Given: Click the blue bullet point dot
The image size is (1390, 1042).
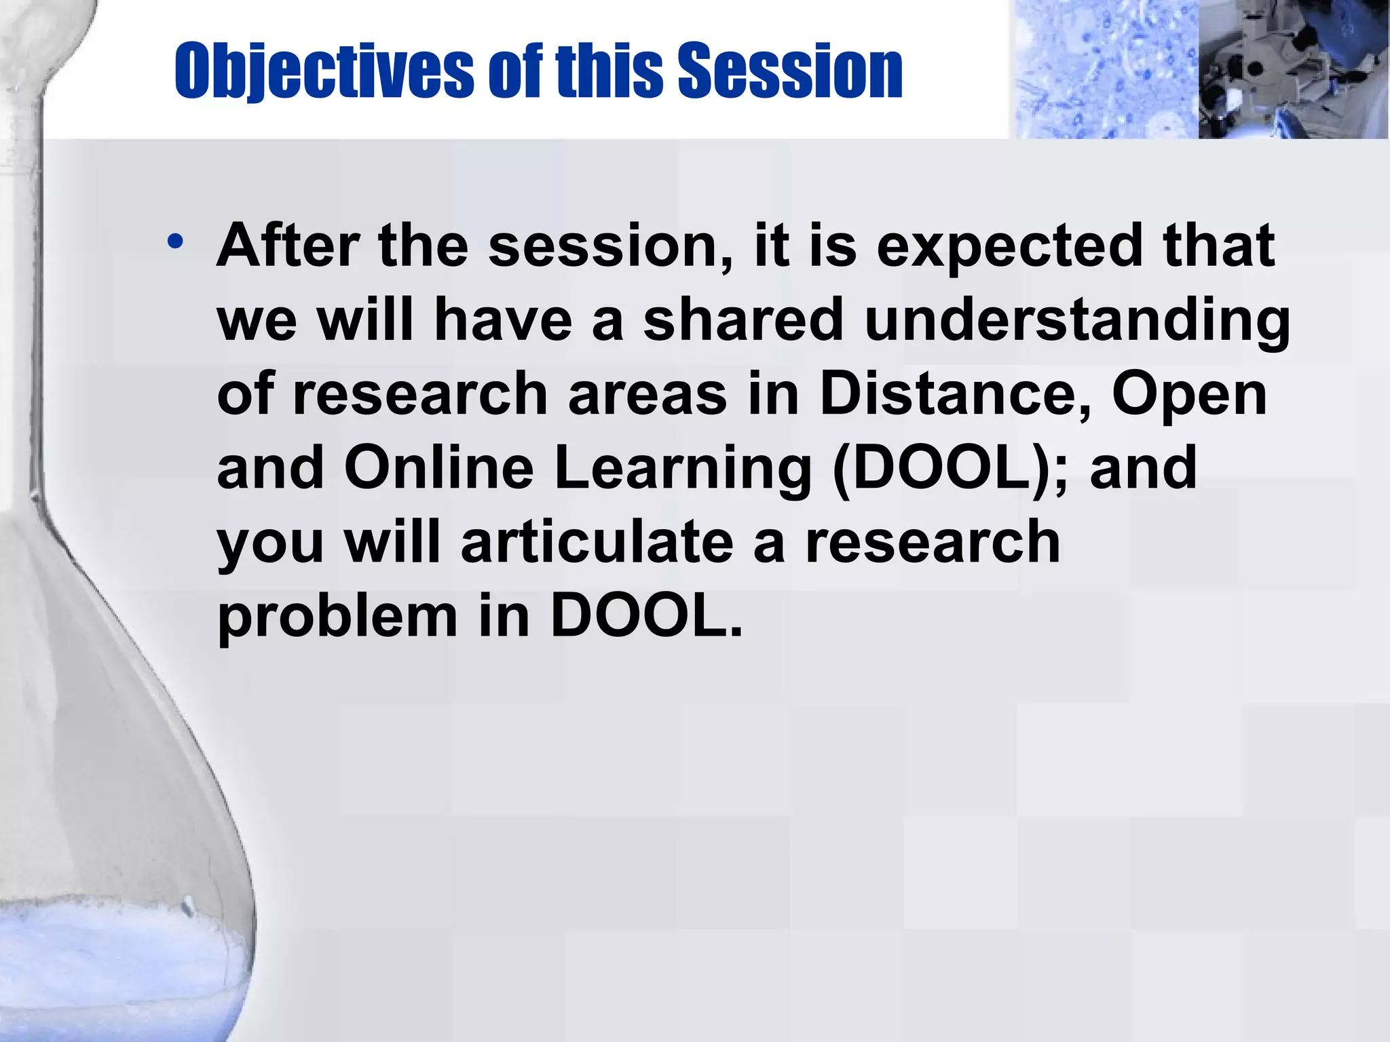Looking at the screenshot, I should click(176, 242).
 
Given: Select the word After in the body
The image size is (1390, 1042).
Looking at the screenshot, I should click(288, 245).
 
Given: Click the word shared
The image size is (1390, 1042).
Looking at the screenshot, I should click(743, 320).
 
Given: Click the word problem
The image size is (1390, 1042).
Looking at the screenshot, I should click(337, 618).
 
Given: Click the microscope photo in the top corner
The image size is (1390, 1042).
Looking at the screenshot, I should click(1293, 69).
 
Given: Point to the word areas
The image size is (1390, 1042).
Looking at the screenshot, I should click(647, 395).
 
